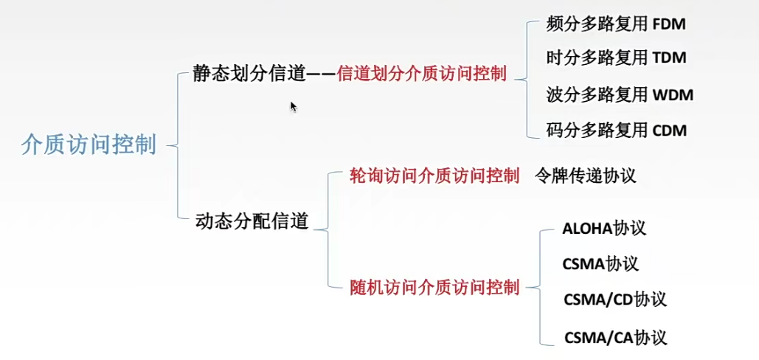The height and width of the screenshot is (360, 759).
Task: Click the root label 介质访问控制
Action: pos(89,145)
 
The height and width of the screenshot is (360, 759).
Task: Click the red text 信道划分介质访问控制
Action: pos(421,74)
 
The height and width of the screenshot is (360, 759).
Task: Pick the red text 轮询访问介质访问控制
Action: pos(434,176)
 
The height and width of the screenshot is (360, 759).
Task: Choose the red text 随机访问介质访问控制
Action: pos(434,286)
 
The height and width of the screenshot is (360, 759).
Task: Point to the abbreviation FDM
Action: pos(669,24)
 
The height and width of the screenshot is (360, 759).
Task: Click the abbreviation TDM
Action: pos(670,58)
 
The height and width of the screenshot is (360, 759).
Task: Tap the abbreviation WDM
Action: pos(673,94)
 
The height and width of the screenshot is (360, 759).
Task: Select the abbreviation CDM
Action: pos(670,131)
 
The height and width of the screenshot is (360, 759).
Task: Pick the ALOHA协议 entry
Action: pos(603,228)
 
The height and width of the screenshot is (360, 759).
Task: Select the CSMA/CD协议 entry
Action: pos(614,300)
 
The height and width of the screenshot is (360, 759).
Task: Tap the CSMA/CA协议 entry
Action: pos(615,338)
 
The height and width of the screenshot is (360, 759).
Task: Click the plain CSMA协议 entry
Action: pos(600,263)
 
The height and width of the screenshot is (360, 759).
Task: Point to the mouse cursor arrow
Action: pos(293,106)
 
